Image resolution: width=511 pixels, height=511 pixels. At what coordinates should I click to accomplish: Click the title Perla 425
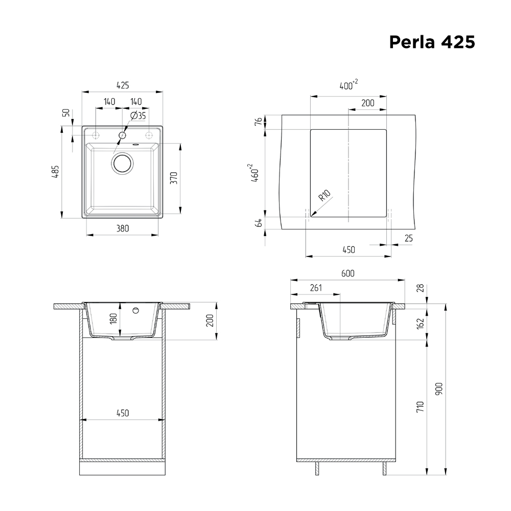tap(432, 42)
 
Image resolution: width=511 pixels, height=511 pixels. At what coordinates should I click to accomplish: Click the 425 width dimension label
tap(122, 85)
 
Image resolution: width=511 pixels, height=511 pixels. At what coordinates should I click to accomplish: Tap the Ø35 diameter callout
tap(138, 116)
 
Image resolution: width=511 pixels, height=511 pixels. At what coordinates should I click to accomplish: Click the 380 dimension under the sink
tap(122, 228)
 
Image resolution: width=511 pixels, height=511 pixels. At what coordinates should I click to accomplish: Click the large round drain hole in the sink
tap(123, 163)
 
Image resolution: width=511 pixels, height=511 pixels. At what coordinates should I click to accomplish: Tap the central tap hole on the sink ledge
tap(122, 135)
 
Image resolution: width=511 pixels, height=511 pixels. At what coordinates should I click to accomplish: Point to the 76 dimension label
tap(259, 122)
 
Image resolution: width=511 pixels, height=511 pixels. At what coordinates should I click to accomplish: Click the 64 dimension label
tap(259, 223)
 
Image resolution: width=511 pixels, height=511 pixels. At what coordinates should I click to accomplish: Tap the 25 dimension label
tap(408, 238)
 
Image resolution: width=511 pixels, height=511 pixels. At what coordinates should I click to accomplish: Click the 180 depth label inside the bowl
tap(114, 318)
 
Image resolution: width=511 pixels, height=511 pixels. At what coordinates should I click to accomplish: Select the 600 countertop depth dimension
tap(347, 273)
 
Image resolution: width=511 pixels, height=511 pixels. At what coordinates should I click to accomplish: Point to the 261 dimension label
tap(315, 288)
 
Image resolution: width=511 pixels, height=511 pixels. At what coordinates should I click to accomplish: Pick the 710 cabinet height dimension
tap(420, 407)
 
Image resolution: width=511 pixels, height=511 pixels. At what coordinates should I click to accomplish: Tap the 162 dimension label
tap(420, 323)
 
